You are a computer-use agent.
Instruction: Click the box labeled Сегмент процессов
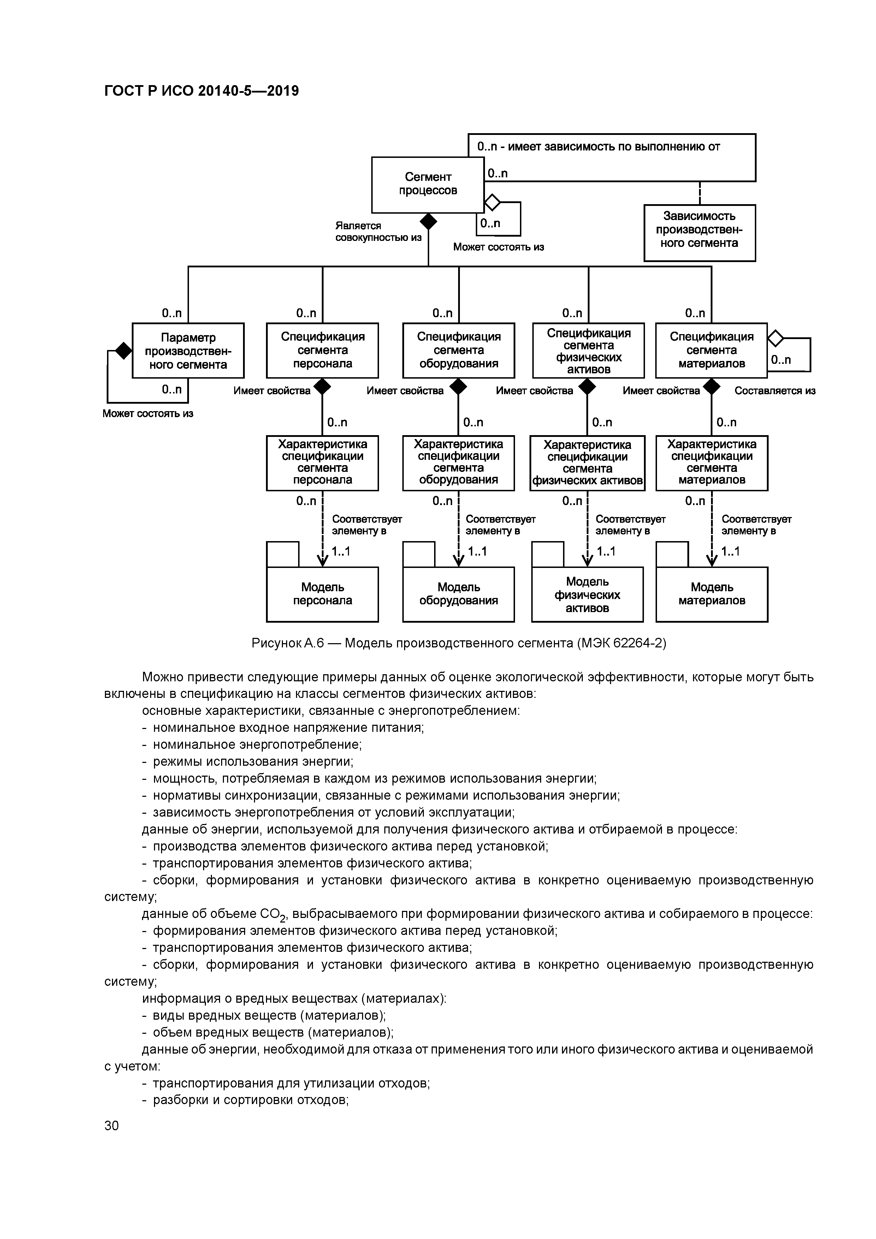[x=427, y=185]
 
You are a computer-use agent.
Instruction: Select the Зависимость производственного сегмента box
[x=699, y=233]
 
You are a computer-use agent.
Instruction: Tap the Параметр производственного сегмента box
[x=188, y=351]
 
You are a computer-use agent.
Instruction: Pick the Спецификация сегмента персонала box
[x=322, y=350]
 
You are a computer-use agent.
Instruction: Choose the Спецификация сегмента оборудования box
[x=458, y=350]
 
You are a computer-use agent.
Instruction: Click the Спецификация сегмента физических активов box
[x=588, y=351]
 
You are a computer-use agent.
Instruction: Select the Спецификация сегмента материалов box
[x=711, y=350]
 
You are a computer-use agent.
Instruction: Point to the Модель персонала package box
[x=322, y=594]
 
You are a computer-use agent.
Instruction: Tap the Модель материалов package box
[x=711, y=594]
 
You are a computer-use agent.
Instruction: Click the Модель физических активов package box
[x=587, y=594]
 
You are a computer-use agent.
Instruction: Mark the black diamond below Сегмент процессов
[x=428, y=221]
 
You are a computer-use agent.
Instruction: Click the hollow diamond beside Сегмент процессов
[x=492, y=202]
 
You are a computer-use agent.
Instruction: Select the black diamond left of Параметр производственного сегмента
[x=124, y=351]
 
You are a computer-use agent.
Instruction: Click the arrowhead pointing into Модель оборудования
[x=458, y=561]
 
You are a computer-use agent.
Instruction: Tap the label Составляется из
[x=775, y=391]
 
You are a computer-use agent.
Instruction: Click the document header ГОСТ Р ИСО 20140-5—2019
[x=201, y=91]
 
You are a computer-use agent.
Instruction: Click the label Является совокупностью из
[x=378, y=231]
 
